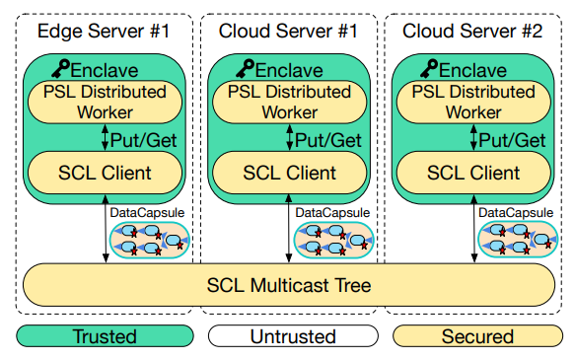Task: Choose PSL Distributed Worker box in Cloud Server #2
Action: pos(472,103)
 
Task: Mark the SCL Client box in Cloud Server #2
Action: pos(472,174)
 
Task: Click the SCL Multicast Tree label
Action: pos(289,286)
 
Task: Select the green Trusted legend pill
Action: pos(105,336)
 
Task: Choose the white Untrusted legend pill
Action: pos(289,336)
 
